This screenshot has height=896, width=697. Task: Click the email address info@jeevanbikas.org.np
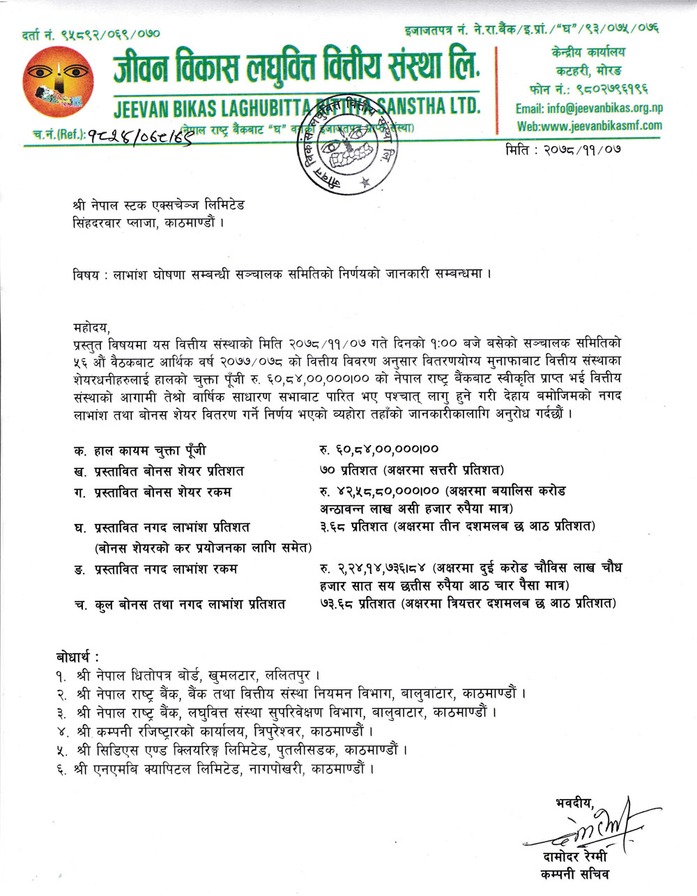[x=588, y=108]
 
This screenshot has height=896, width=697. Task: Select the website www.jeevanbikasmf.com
[x=589, y=126]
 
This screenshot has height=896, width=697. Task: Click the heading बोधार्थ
[x=77, y=657]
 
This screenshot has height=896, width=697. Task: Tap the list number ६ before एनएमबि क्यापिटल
[x=62, y=770]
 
